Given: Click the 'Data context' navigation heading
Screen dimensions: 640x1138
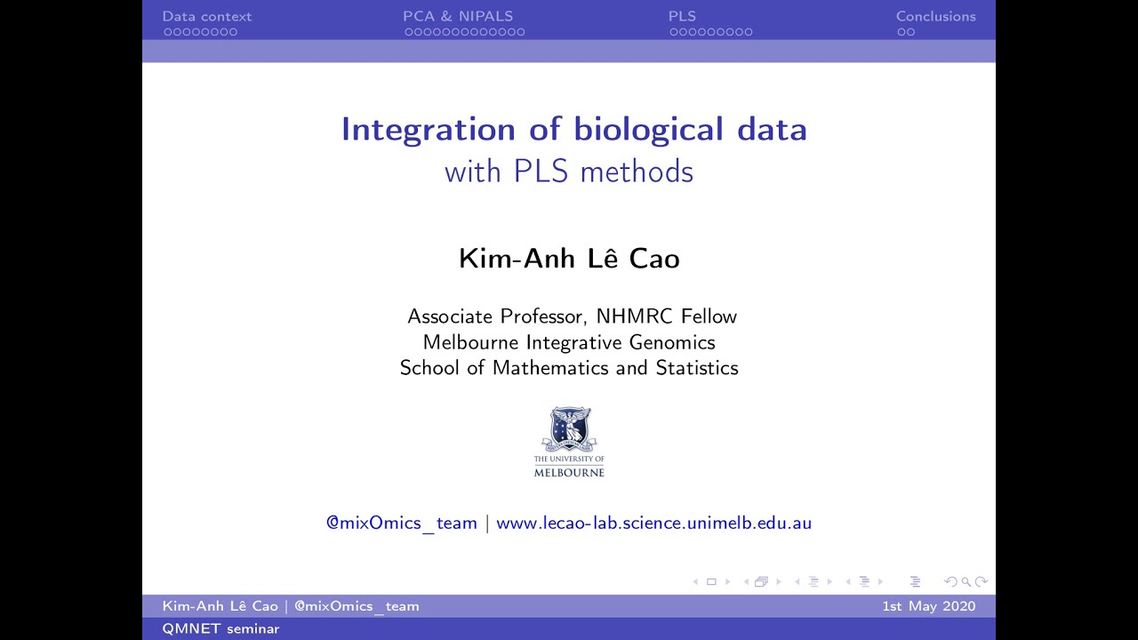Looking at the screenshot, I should pyautogui.click(x=206, y=16).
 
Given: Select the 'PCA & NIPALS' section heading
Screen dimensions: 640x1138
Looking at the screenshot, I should pyautogui.click(x=458, y=16).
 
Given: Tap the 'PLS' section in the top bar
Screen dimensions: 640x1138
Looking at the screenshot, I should pyautogui.click(x=682, y=16).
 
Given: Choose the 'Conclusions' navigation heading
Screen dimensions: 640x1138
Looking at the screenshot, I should pyautogui.click(x=935, y=16).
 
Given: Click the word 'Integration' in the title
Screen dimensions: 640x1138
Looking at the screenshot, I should pyautogui.click(x=428, y=130).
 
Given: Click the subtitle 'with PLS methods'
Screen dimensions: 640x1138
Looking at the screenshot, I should pyautogui.click(x=569, y=171).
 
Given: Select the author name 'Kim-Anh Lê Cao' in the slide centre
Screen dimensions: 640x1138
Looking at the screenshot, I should pyautogui.click(x=569, y=259).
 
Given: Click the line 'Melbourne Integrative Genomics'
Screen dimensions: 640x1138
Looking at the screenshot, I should pyautogui.click(x=569, y=342).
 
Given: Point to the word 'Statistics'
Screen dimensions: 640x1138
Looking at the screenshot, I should pyautogui.click(x=696, y=368).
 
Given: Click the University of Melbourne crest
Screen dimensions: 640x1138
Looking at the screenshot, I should pyautogui.click(x=569, y=429).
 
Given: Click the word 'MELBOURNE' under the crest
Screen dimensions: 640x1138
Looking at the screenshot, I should pyautogui.click(x=569, y=472).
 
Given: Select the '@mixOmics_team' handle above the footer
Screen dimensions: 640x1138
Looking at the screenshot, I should pyautogui.click(x=402, y=523).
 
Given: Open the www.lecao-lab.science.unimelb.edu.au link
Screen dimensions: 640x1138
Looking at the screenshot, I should pyautogui.click(x=653, y=523).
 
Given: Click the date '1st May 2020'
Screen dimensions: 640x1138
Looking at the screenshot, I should pyautogui.click(x=928, y=606).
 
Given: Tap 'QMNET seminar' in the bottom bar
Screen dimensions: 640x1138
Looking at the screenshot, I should pyautogui.click(x=220, y=629).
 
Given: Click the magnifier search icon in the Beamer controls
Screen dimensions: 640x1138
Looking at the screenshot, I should pyautogui.click(x=965, y=582).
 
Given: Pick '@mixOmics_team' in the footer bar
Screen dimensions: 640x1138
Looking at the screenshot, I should pyautogui.click(x=357, y=606).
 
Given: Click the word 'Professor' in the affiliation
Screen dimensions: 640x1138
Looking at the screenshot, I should pyautogui.click(x=544, y=316).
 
